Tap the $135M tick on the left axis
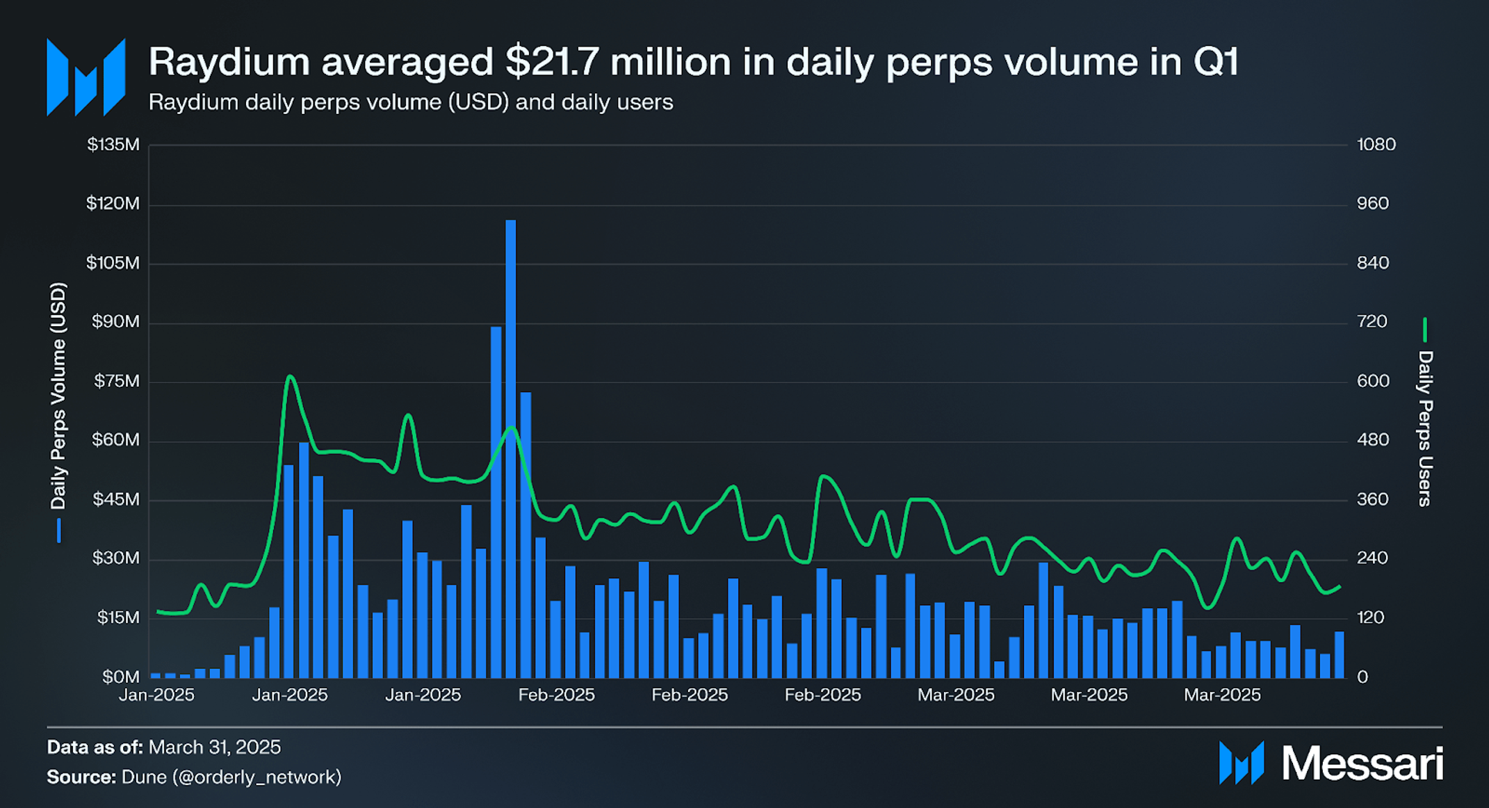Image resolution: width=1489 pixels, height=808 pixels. [x=113, y=145]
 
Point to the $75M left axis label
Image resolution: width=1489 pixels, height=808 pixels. [x=115, y=381]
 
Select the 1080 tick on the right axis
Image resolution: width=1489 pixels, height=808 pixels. [x=1376, y=145]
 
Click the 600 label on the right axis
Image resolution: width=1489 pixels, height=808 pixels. [x=1373, y=381]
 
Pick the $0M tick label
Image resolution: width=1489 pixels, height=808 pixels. [x=121, y=677]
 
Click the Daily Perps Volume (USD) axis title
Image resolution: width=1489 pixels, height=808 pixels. [x=58, y=396]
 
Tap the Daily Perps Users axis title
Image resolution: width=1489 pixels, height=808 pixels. [x=1425, y=428]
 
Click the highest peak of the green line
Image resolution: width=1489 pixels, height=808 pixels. [x=290, y=377]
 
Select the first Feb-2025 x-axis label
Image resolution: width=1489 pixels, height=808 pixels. [x=556, y=695]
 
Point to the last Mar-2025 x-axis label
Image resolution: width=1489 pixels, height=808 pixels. [x=1222, y=695]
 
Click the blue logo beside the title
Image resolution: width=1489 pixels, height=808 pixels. [x=86, y=77]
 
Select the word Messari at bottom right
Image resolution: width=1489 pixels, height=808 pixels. [x=1362, y=763]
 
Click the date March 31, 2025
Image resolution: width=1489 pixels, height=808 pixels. [x=214, y=748]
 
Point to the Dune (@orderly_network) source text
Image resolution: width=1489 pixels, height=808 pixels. [x=231, y=777]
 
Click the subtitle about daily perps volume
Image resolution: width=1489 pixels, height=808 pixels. [x=410, y=102]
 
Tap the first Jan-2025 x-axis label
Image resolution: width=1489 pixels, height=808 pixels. [x=156, y=695]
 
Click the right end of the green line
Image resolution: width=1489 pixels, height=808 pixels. [x=1340, y=587]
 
